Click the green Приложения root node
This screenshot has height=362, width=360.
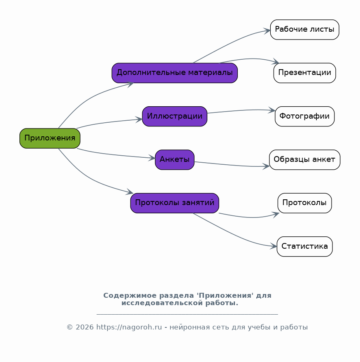pos(50,138)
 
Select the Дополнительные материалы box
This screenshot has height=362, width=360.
pos(174,73)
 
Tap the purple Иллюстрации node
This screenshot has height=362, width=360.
pos(174,117)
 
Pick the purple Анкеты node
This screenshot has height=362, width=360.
pos(174,160)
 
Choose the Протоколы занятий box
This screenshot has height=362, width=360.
pos(174,203)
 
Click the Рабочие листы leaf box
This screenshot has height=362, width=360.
pos(304,30)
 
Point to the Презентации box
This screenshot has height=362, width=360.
pos(304,73)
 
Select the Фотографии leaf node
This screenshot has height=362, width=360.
pos(304,117)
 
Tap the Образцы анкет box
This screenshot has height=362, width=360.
pos(304,160)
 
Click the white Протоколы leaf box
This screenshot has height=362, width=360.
pos(304,203)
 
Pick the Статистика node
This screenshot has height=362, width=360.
pos(304,247)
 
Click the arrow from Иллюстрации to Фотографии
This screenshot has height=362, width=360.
pos(241,110)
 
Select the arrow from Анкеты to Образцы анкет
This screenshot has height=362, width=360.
pos(232,165)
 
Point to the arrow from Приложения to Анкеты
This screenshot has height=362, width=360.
pos(115,155)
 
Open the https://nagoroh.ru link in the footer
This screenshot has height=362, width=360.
pos(129,327)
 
